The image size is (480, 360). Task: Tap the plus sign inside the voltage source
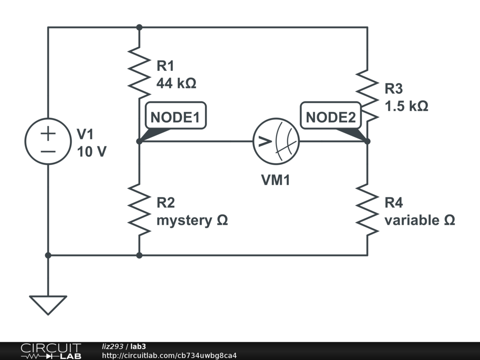[x=48, y=134]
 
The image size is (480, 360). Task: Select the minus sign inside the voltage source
[x=48, y=151]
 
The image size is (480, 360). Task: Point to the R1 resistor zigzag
[x=139, y=73]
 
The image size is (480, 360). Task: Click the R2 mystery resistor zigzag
[x=139, y=210]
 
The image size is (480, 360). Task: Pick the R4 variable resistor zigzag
[x=367, y=210]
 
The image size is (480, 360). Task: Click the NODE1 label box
[x=176, y=115]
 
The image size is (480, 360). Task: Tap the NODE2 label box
[x=331, y=115]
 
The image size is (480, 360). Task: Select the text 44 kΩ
[x=176, y=83]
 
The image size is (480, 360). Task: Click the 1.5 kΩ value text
[x=406, y=106]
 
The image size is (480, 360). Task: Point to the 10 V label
[x=91, y=151]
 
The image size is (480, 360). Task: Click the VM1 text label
[x=276, y=180]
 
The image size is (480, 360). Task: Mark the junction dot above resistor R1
[x=139, y=27]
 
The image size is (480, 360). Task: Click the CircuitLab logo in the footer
[x=51, y=351]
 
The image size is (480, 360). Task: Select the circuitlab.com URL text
[x=169, y=355]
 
